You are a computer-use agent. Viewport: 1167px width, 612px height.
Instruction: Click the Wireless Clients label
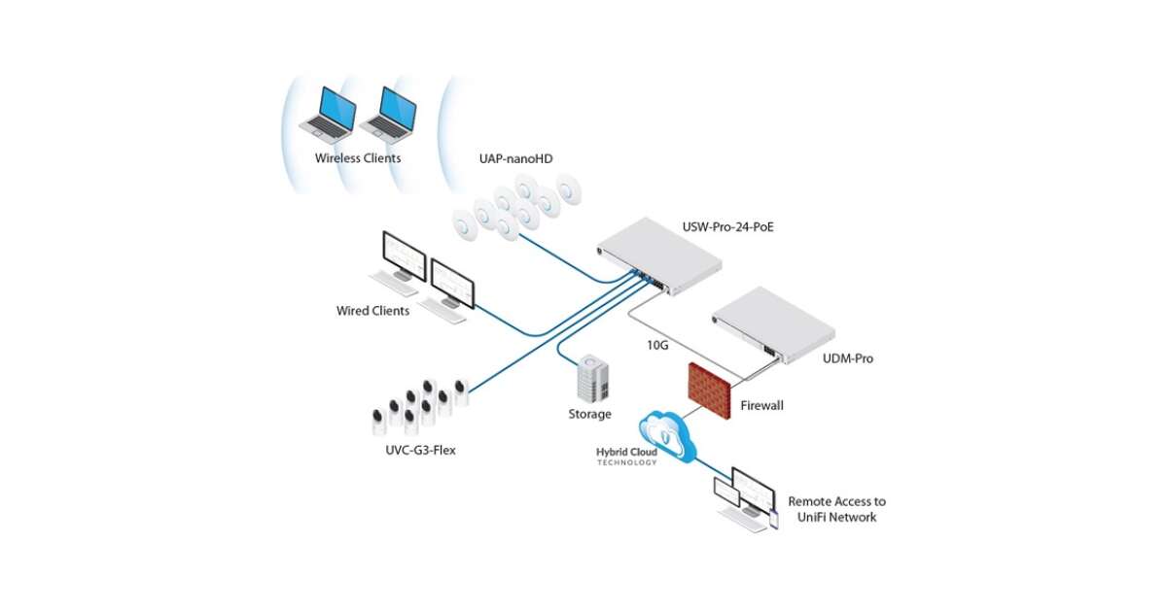click(358, 158)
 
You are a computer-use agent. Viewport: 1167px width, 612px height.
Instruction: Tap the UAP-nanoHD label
click(514, 157)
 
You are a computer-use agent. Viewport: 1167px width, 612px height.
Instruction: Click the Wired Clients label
click(372, 311)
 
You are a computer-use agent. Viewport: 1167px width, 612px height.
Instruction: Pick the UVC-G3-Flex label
click(414, 450)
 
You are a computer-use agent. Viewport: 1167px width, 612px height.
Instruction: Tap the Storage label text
click(589, 414)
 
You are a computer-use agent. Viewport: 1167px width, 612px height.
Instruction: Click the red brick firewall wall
click(709, 388)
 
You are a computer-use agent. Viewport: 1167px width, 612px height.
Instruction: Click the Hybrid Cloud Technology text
click(626, 457)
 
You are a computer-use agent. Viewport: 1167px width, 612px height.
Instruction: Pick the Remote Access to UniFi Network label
click(836, 509)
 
